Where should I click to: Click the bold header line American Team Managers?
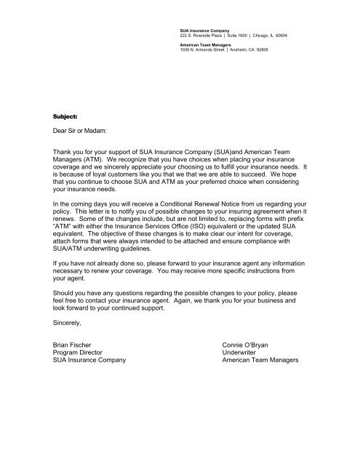coord(201,44)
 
